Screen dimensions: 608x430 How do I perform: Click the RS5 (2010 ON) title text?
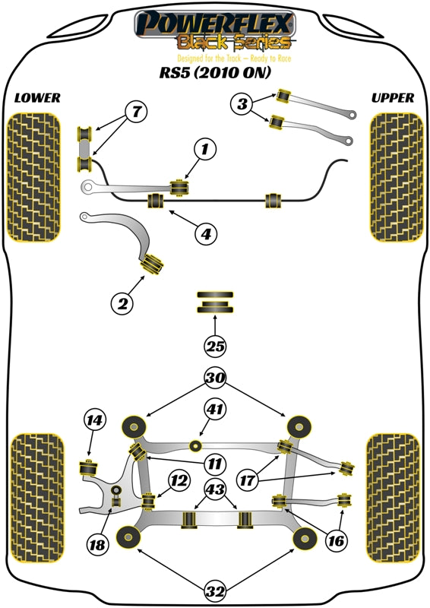(x=214, y=74)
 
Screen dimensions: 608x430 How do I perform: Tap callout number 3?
(x=242, y=104)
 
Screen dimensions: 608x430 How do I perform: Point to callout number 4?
(x=204, y=234)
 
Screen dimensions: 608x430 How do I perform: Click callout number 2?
(x=121, y=305)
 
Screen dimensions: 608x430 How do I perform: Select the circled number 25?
(x=215, y=347)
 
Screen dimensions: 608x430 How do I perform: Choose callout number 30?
(x=215, y=377)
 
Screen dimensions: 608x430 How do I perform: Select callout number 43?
(x=215, y=490)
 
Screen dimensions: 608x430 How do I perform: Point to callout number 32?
(x=215, y=589)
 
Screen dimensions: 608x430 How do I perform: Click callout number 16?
(x=337, y=541)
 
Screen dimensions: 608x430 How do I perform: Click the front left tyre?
(x=33, y=176)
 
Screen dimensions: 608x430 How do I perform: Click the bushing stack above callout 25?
(x=215, y=302)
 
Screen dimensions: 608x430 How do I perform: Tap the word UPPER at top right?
(x=393, y=98)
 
